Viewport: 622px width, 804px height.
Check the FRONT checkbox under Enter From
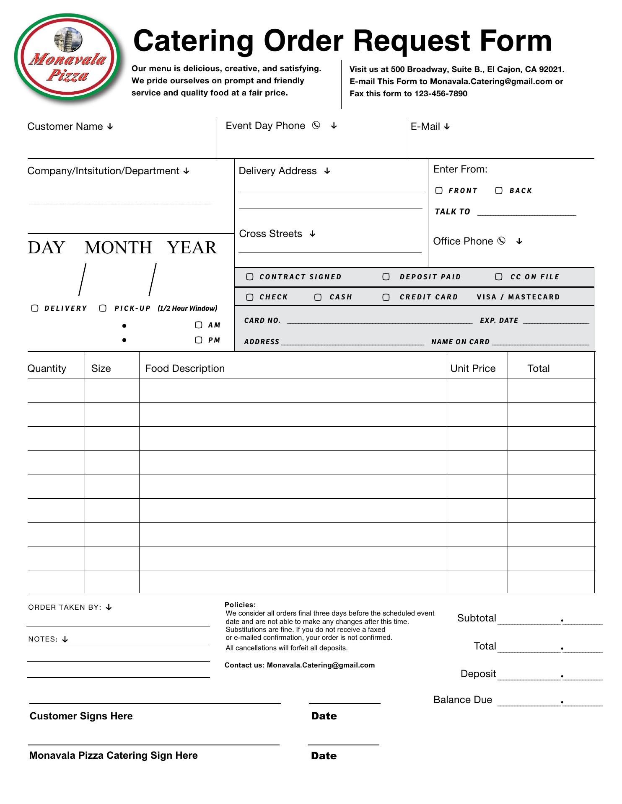coord(439,191)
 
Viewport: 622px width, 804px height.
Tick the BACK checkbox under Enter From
coord(499,191)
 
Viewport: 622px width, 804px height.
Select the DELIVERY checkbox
coord(35,308)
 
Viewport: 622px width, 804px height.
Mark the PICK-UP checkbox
coord(103,308)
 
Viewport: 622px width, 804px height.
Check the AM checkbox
coord(199,325)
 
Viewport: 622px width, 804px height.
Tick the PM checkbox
coord(199,340)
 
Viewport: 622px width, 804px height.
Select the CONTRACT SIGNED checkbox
coord(250,277)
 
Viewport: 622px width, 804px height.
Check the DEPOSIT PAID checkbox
coord(386,277)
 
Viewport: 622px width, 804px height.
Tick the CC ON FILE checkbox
coord(499,277)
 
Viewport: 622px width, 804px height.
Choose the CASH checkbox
coord(318,297)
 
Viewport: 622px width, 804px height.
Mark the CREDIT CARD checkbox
coord(386,297)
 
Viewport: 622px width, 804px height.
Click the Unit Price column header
coord(473,368)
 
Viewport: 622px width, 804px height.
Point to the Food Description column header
coord(185,368)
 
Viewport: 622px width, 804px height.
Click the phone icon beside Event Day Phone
coord(316,125)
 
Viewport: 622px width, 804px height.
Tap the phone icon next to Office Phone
coord(501,241)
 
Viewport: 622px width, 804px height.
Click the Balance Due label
coord(463,700)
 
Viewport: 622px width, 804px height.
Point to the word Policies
coord(240,605)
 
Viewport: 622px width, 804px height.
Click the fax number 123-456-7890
coord(441,94)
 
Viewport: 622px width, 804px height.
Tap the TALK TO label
coord(452,212)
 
